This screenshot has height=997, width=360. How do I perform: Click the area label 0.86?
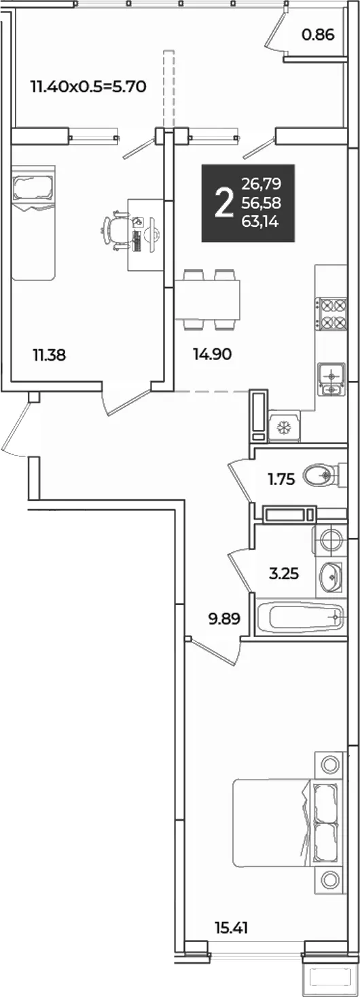coord(318,34)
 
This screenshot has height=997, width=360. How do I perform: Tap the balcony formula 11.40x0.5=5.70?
coord(88,86)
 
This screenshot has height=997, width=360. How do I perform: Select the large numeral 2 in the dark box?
coord(224,203)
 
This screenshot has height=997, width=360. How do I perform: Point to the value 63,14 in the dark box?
coord(262,221)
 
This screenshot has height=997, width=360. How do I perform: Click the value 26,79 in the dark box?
coord(262,183)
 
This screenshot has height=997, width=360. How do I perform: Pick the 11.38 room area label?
coord(49,355)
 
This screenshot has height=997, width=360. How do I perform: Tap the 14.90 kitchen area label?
coord(212,355)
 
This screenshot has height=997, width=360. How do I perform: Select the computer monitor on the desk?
coord(153,234)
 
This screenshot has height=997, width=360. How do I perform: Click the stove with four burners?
coord(331,314)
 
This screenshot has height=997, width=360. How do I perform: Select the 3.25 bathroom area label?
coord(284,574)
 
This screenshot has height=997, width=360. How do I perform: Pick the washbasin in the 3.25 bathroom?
coord(330,577)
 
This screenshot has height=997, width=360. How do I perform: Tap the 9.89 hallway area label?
coord(225,619)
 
